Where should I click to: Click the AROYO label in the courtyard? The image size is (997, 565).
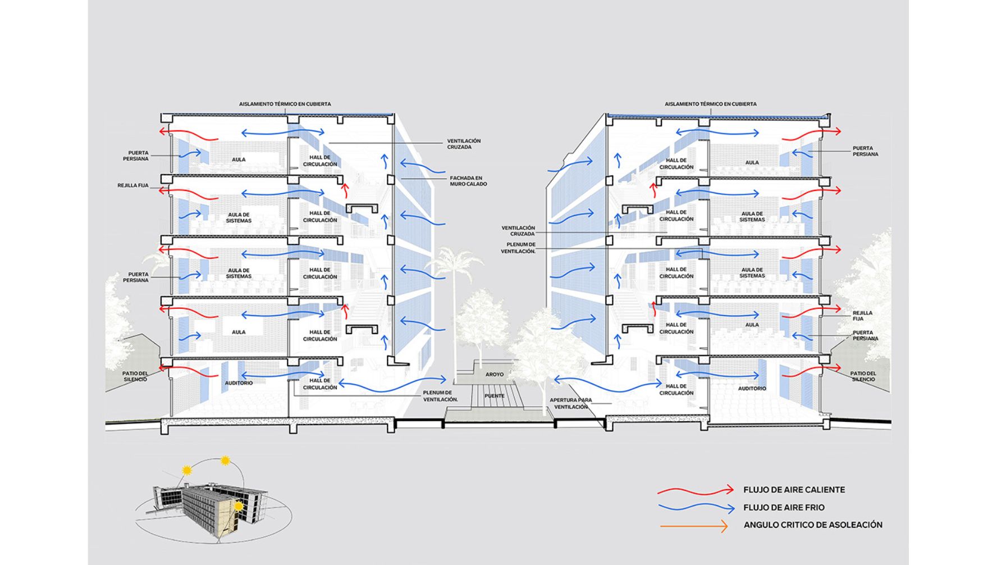495,374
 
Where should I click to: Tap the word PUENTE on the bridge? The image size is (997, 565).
495,396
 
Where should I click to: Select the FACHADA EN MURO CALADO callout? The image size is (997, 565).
468,181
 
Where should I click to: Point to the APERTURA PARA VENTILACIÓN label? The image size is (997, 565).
570,403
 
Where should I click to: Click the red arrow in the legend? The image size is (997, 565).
696,490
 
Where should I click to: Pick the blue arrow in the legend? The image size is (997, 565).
696,508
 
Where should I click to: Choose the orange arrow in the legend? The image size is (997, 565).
694,526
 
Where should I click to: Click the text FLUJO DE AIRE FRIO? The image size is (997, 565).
784,508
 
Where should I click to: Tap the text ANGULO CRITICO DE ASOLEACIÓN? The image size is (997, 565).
813,525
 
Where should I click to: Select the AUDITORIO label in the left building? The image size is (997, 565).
239,383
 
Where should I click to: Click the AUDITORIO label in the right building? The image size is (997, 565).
752,389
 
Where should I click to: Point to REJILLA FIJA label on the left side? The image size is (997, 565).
133,185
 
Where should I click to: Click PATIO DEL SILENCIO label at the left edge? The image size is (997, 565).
135,376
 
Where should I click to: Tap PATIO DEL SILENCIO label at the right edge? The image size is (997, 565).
863,376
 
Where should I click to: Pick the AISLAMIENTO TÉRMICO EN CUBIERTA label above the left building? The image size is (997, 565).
285,104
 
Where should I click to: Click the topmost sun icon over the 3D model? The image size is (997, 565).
226,461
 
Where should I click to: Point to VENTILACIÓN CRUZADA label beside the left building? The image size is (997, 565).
464,144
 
